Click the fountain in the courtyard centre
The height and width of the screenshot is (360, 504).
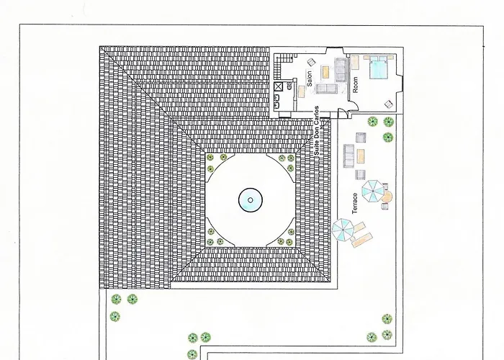(x=251, y=200)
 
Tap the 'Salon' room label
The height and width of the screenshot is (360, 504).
(x=310, y=78)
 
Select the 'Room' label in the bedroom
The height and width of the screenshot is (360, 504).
(x=355, y=84)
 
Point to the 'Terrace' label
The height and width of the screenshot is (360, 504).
(x=355, y=204)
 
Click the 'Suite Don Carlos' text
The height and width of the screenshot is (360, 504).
(x=317, y=131)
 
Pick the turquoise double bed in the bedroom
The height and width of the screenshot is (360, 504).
(x=378, y=67)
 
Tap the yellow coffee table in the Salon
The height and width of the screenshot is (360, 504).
(x=325, y=72)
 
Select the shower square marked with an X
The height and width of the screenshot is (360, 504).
(x=278, y=86)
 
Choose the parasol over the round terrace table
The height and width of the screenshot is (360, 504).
(x=372, y=191)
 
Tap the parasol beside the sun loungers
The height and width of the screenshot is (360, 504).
(x=343, y=230)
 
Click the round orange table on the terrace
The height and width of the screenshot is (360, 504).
(x=387, y=197)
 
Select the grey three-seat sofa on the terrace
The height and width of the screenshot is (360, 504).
(x=348, y=156)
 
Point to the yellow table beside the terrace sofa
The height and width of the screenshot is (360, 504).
(x=361, y=156)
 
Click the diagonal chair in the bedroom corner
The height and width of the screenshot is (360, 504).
(x=389, y=104)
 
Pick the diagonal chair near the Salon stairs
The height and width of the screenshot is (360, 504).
(x=311, y=62)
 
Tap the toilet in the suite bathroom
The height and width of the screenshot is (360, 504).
(x=289, y=86)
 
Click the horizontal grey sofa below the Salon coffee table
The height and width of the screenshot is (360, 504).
(x=326, y=89)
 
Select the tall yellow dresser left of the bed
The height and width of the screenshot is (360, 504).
(x=355, y=63)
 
